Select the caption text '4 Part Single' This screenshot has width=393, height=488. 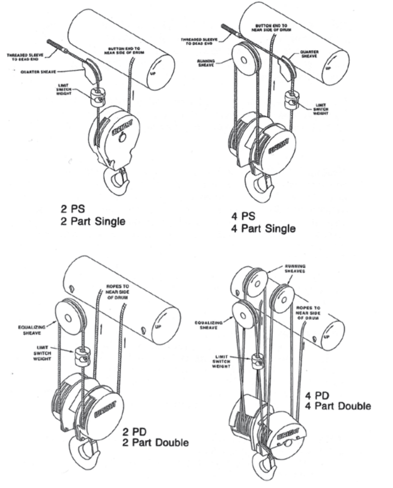[x=263, y=228]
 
